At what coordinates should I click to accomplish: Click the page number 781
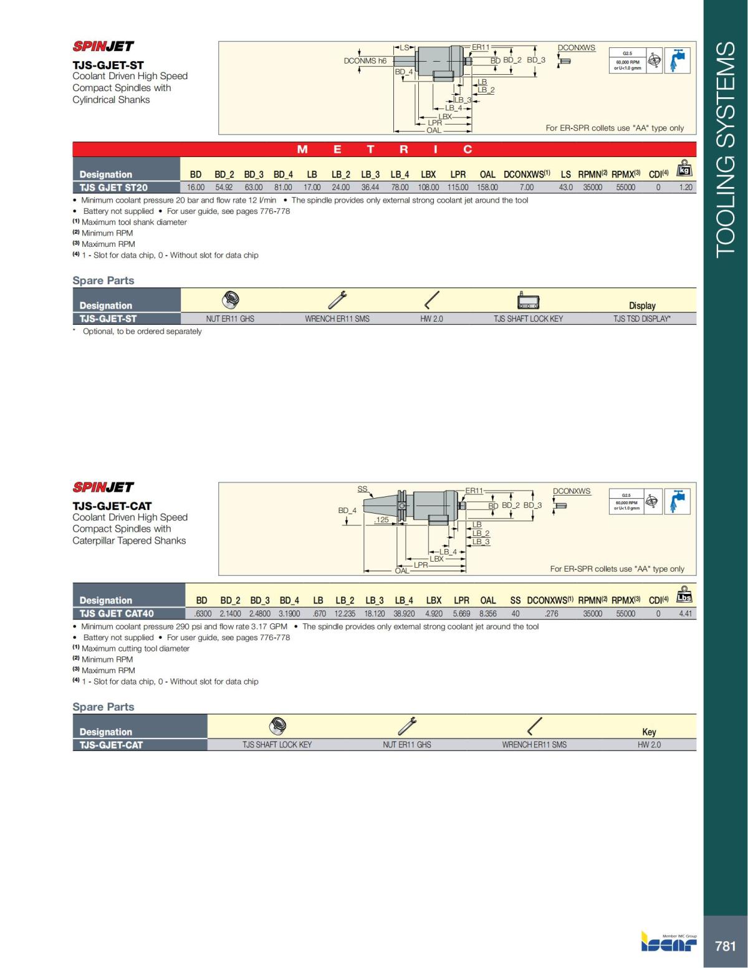click(x=725, y=946)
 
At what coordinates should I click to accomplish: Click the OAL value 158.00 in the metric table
click(x=487, y=187)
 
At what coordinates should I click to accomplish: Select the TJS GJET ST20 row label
click(x=113, y=187)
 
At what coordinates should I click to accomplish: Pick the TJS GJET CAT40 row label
click(x=117, y=613)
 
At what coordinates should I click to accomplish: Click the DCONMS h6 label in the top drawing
click(x=365, y=60)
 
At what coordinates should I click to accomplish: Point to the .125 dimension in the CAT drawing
click(x=381, y=519)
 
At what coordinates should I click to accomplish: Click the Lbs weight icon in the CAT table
click(x=684, y=595)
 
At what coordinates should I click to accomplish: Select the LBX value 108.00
click(x=428, y=187)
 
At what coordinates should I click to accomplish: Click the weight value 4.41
click(x=686, y=613)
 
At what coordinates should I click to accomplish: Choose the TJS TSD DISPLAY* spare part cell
click(x=642, y=319)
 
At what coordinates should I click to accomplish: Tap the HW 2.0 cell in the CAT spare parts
click(x=649, y=744)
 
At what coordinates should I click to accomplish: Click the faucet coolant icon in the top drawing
click(x=677, y=60)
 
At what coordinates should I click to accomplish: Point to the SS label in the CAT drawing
click(x=362, y=489)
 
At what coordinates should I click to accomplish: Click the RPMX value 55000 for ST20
click(x=625, y=187)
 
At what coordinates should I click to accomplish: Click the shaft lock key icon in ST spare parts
click(x=528, y=302)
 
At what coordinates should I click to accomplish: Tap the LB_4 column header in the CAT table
click(x=403, y=600)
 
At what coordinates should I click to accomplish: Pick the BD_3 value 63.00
click(x=254, y=187)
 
